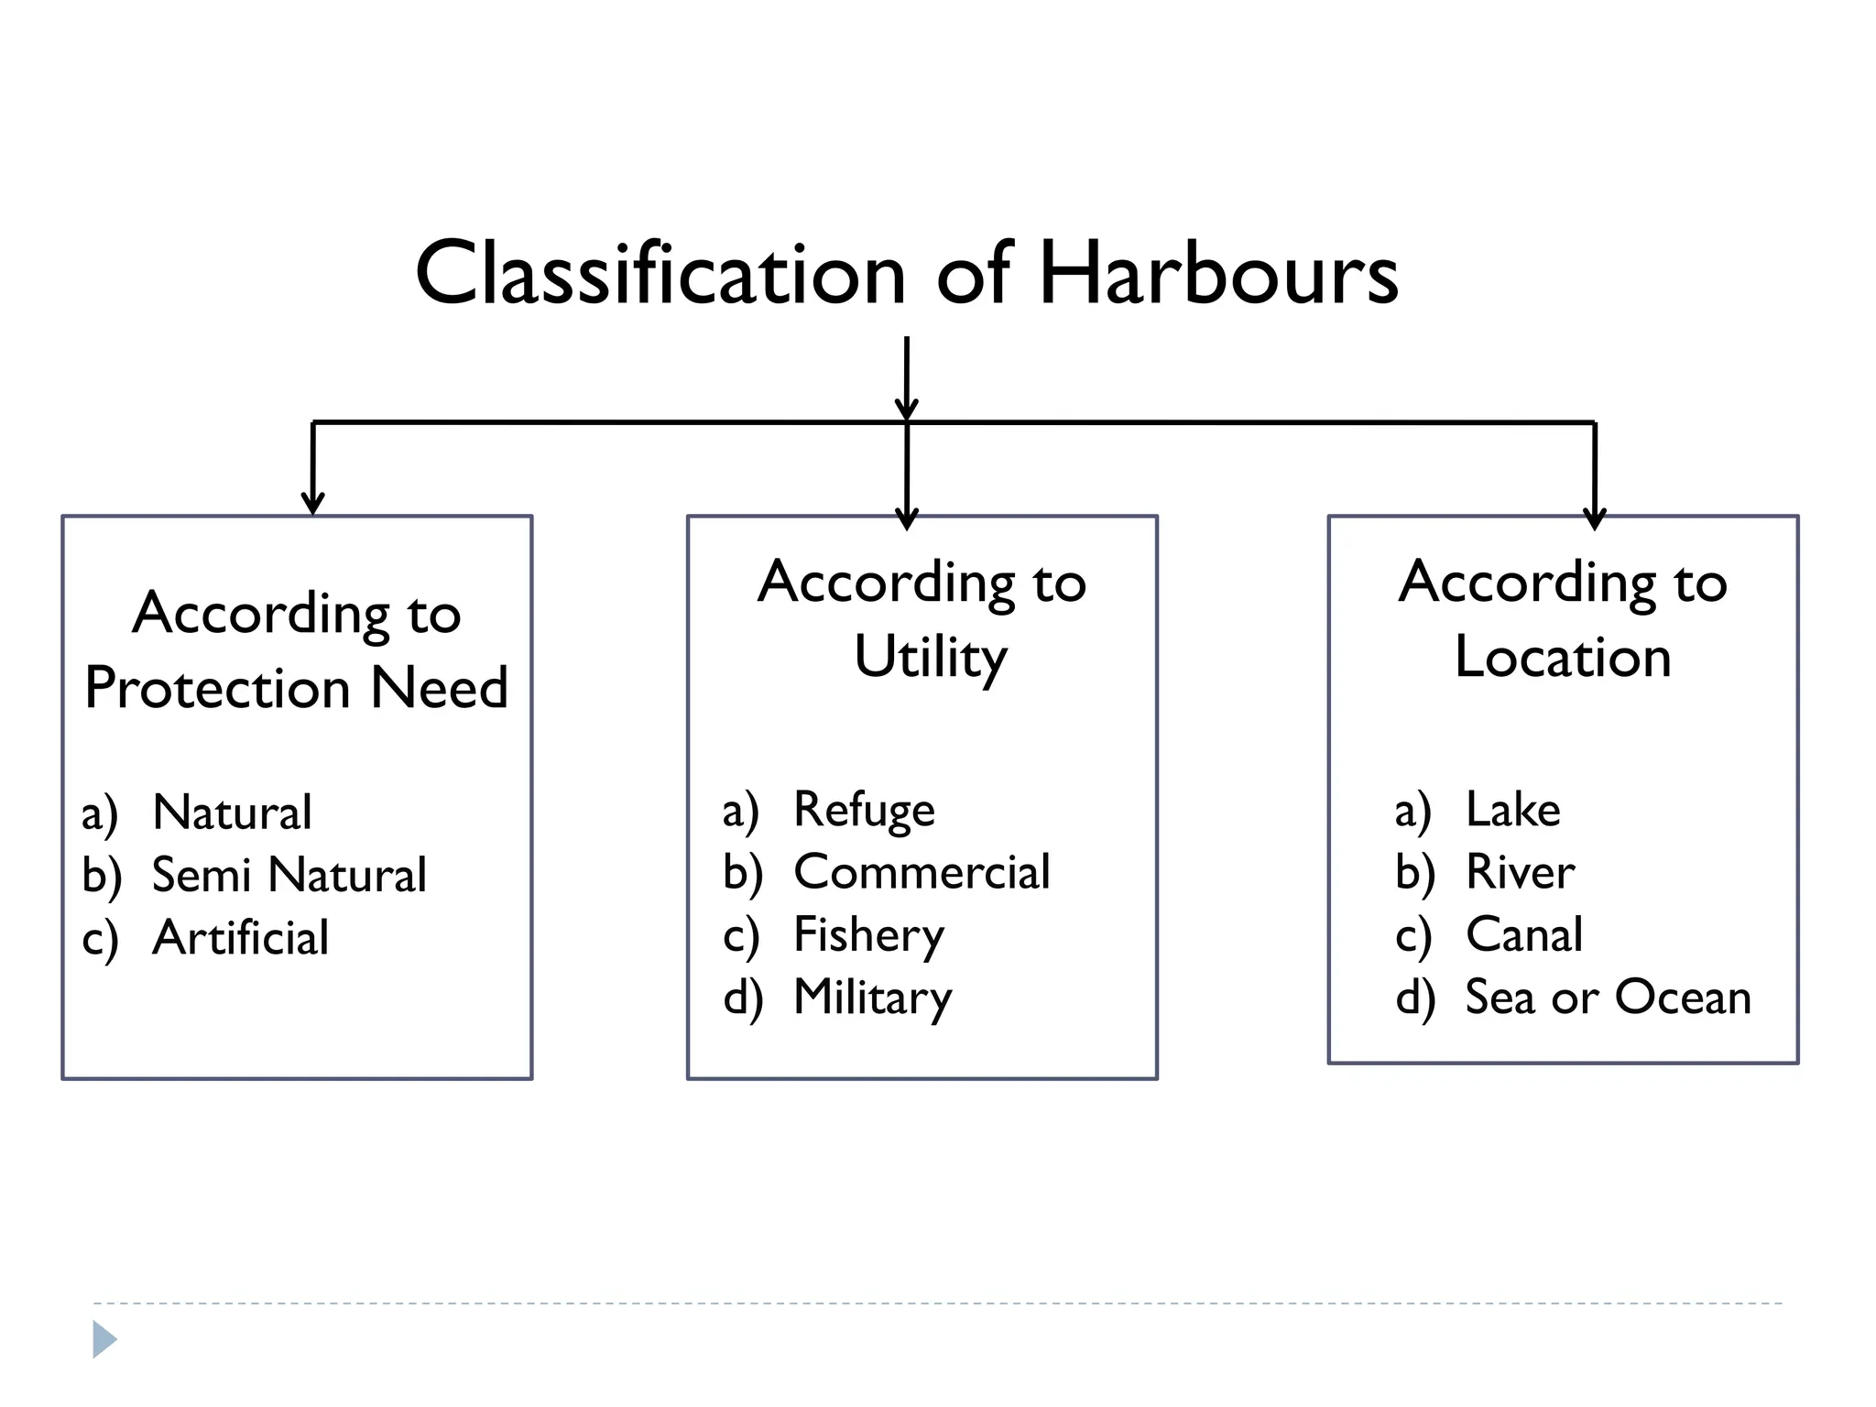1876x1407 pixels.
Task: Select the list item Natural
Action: [x=232, y=813]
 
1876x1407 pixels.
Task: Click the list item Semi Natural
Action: [x=289, y=875]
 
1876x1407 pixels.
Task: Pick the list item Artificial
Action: [x=240, y=937]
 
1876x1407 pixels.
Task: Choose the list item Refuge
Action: [x=864, y=810]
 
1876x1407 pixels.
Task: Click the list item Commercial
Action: [x=922, y=872]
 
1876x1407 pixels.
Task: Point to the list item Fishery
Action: [x=868, y=935]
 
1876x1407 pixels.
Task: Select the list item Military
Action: [x=872, y=998]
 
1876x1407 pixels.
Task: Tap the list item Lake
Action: [x=1512, y=810]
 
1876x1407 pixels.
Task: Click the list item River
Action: [x=1520, y=872]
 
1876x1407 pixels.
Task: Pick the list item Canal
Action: [x=1523, y=935]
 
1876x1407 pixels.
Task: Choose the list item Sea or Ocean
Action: [x=1608, y=998]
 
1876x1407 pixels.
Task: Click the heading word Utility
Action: [x=930, y=658]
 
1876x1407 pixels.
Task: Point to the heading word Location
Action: [x=1563, y=658]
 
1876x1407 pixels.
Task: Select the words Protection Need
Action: [x=296, y=688]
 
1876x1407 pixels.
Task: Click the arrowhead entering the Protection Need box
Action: [x=313, y=503]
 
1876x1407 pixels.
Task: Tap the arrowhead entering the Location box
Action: [x=1595, y=518]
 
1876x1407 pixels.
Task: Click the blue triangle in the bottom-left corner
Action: [x=104, y=1340]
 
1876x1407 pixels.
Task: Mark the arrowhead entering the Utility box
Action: [x=907, y=518]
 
